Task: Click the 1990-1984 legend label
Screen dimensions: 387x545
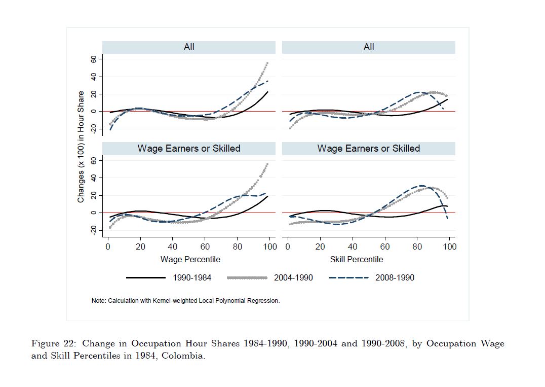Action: pos(192,277)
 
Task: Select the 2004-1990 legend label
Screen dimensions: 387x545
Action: pos(293,277)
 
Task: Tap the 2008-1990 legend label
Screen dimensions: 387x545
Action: pos(395,277)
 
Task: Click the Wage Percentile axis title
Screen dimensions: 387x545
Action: pos(190,259)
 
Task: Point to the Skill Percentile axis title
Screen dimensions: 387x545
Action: pos(357,259)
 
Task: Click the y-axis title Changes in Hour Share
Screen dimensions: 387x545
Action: pos(81,147)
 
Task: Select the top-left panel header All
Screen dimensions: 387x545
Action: pos(189,47)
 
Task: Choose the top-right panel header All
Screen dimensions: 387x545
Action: pos(369,47)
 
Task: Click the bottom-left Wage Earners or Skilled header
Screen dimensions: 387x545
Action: pos(189,149)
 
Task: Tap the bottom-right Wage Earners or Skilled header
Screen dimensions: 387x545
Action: pos(369,149)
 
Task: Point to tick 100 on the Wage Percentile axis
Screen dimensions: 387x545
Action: pos(270,247)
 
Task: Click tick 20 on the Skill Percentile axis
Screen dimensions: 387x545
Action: pos(320,247)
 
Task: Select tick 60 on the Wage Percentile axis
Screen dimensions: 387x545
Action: pos(205,247)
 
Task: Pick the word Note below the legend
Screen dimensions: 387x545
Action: pos(98,301)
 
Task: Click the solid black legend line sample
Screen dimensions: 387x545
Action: pos(146,277)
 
